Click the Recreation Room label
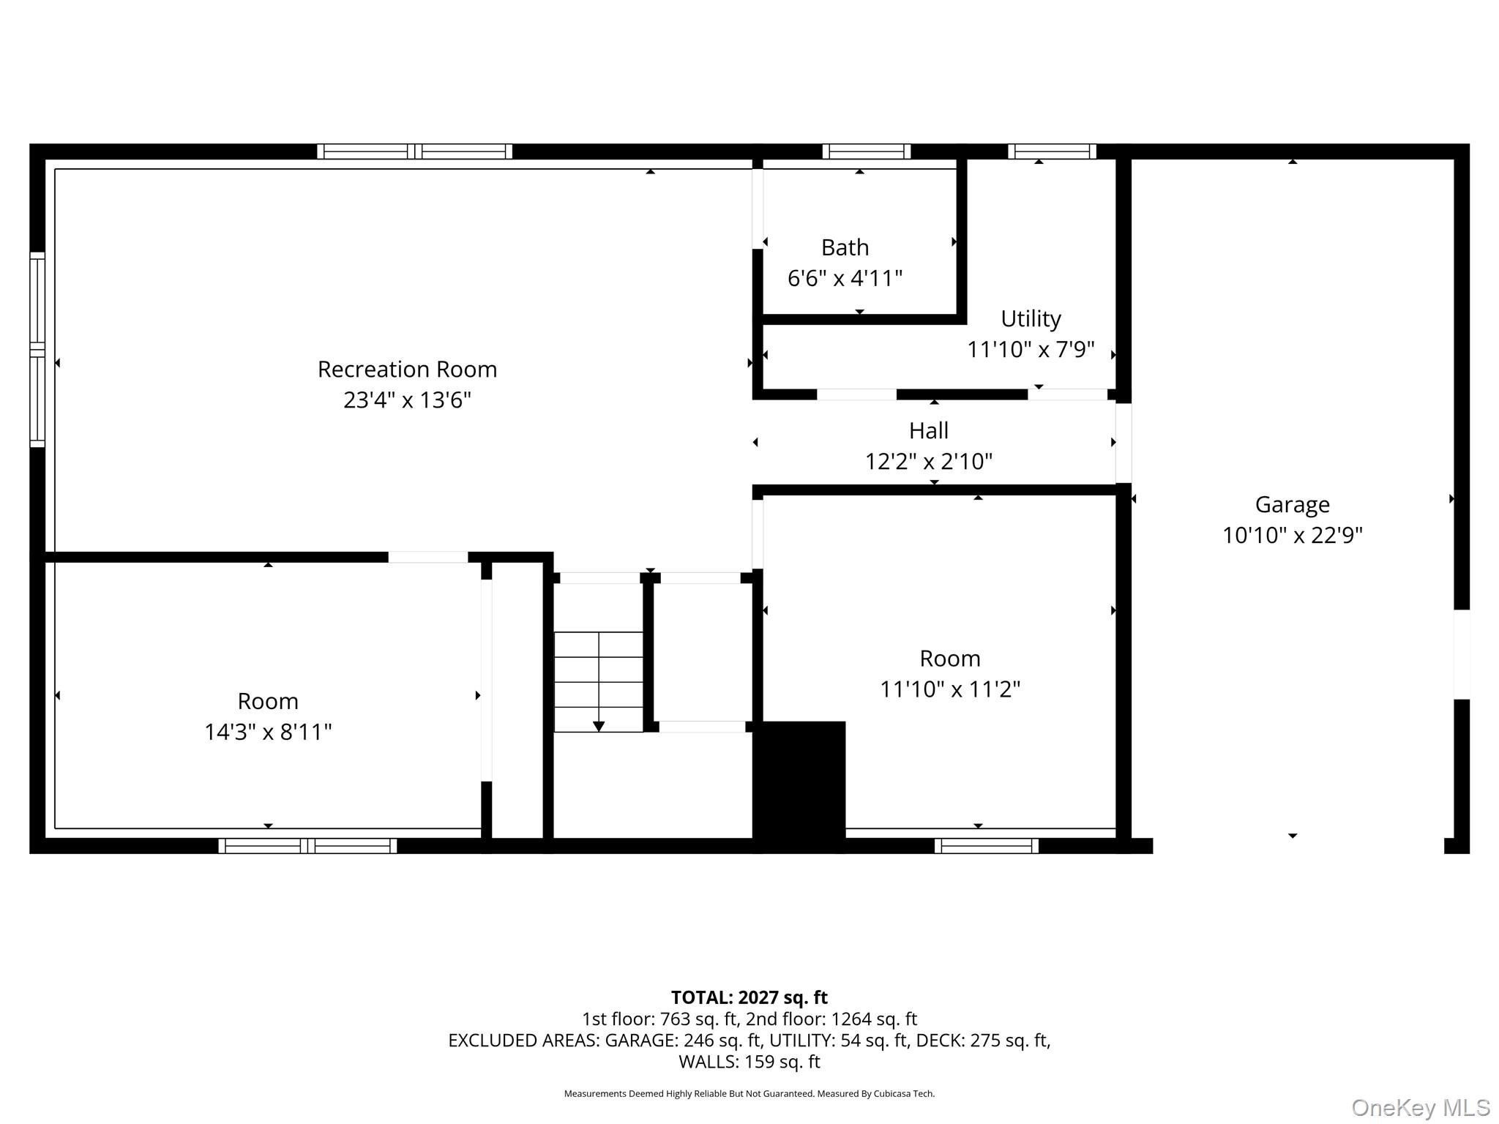[x=407, y=370]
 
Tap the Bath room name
[x=845, y=248]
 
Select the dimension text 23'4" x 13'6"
[x=407, y=400]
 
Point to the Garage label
[x=1292, y=505]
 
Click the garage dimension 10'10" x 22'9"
[x=1292, y=536]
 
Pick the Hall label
[x=929, y=430]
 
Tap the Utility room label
[x=1031, y=319]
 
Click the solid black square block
[x=799, y=787]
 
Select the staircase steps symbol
[x=599, y=681]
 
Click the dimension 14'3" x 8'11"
[x=268, y=733]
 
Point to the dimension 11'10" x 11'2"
[x=950, y=689]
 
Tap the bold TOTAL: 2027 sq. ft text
[x=749, y=997]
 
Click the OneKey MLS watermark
[x=1421, y=1107]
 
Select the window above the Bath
[x=867, y=151]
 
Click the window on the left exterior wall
[x=37, y=350]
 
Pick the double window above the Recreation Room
[x=415, y=151]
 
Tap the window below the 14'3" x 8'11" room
[x=307, y=846]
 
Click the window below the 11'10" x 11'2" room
[x=987, y=846]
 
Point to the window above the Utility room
[x=1053, y=151]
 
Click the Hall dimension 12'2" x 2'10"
[x=929, y=461]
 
